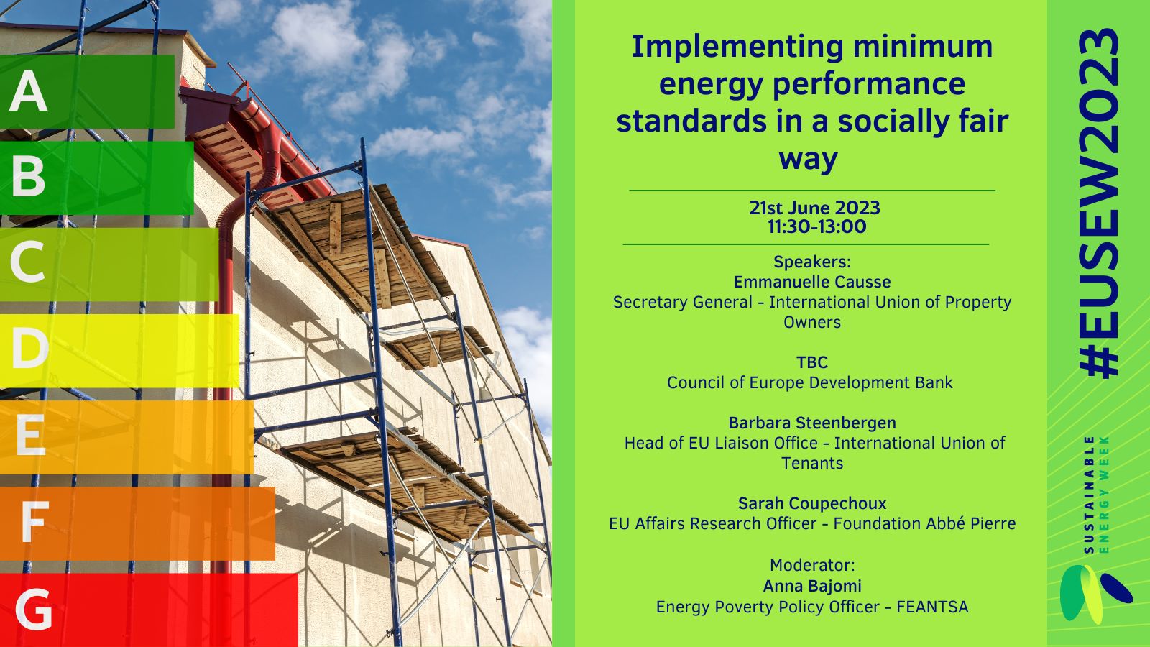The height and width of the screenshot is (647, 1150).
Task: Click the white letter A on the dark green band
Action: point(28,91)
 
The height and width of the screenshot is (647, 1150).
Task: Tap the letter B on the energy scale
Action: point(28,177)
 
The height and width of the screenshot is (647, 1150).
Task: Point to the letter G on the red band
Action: point(33,609)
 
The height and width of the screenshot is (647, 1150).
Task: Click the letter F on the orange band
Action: point(35,522)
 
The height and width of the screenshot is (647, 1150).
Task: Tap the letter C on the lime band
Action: point(27,262)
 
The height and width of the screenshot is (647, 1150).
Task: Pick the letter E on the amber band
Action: point(31,435)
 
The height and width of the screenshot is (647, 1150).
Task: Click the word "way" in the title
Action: point(808,159)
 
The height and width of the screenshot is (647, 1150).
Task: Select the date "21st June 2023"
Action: point(814,208)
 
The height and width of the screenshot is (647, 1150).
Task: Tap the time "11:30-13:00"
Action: point(816,226)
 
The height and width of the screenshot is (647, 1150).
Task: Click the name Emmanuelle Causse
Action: point(811,282)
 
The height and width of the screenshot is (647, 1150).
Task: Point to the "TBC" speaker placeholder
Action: point(812,362)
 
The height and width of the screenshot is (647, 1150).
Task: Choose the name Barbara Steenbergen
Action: point(812,423)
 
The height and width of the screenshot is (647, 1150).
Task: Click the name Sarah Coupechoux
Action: point(812,503)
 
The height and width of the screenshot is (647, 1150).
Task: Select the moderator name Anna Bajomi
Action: point(812,586)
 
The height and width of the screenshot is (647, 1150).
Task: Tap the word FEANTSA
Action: point(932,607)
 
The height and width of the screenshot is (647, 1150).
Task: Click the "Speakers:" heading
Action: point(812,262)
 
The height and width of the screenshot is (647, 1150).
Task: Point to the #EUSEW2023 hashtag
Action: point(1099,203)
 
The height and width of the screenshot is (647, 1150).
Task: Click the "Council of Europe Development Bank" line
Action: point(809,382)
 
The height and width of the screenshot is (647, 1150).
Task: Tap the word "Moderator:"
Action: point(812,565)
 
